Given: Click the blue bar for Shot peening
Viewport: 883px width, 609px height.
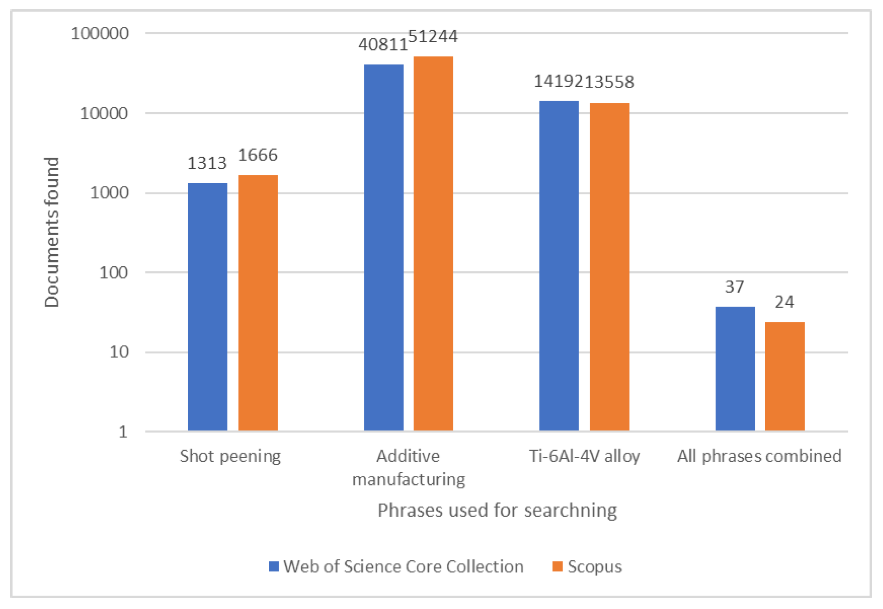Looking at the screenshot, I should (x=207, y=307).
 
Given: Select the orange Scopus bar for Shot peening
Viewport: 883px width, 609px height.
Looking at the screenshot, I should (x=258, y=302).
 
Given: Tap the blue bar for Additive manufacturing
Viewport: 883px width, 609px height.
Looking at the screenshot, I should (x=383, y=247).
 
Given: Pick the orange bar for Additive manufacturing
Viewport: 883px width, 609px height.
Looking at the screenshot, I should (x=433, y=243).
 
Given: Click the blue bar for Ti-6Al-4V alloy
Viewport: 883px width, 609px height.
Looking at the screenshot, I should (x=559, y=265).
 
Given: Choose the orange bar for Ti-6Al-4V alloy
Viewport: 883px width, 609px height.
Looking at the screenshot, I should (x=609, y=267).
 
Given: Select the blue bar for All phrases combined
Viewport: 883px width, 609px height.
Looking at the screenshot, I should (x=735, y=368).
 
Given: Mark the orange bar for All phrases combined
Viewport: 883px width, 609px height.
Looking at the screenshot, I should (x=784, y=376).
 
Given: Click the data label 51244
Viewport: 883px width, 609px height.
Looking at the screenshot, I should (x=432, y=36).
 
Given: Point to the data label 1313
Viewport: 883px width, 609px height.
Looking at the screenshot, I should (x=207, y=163).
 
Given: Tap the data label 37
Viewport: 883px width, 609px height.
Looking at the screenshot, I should (x=734, y=287).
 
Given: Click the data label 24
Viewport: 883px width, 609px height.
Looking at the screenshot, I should (x=784, y=302).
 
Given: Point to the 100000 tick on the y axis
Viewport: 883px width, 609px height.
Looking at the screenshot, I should (x=100, y=33).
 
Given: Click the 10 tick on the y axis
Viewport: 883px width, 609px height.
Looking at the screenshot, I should (x=119, y=352).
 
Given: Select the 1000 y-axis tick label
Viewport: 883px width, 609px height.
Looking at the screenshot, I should (x=109, y=192).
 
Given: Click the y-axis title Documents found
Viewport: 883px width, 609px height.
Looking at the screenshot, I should (x=51, y=232).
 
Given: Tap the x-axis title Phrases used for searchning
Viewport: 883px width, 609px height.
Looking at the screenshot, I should (x=497, y=510).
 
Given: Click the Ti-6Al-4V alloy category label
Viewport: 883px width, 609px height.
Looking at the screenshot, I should (x=584, y=456).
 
